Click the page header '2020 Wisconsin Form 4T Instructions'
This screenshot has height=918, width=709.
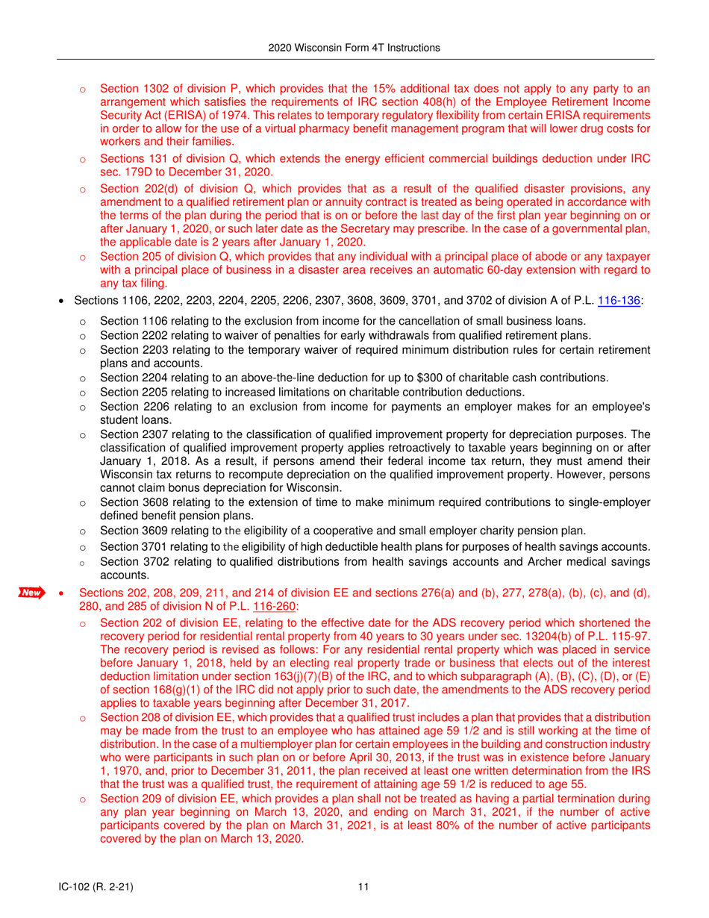(354, 48)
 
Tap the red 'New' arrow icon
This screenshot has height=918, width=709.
(31, 593)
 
